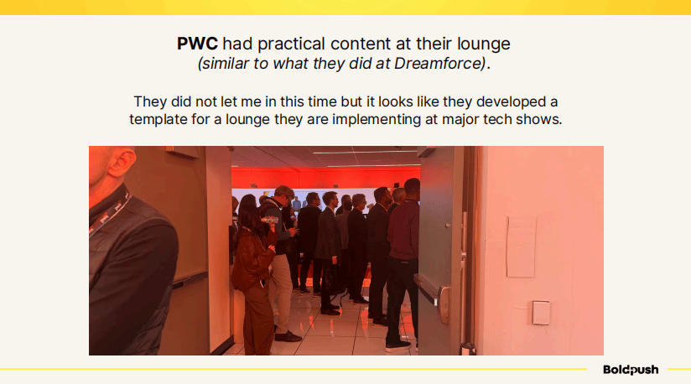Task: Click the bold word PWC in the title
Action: [197, 44]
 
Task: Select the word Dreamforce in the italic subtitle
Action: [439, 64]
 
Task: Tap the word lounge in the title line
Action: [483, 44]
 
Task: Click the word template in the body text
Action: [158, 119]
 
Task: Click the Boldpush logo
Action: [631, 370]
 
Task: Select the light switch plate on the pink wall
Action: [541, 312]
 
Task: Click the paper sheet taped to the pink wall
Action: [522, 246]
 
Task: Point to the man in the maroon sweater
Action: [403, 263]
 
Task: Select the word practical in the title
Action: [291, 44]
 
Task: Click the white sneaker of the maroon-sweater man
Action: [397, 346]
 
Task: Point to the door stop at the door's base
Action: [468, 348]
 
